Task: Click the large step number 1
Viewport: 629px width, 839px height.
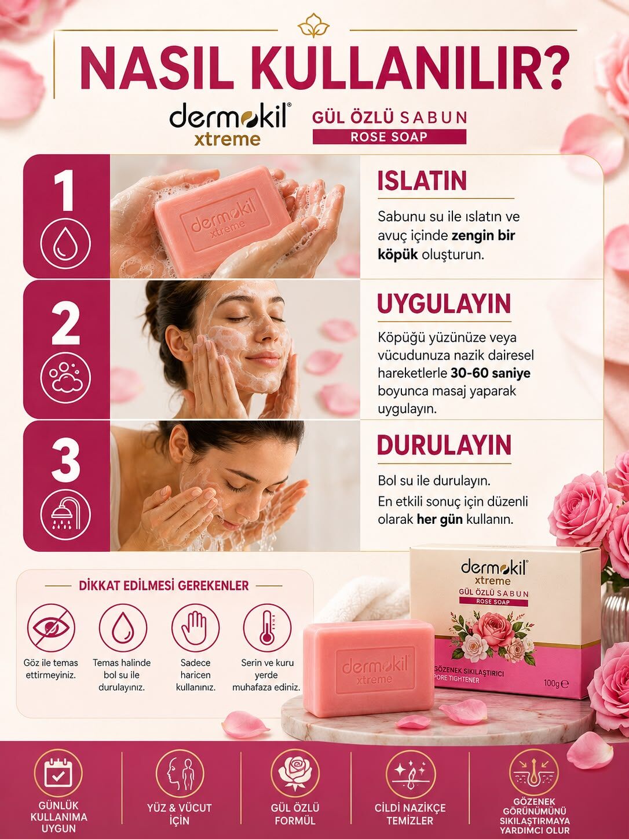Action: [65, 191]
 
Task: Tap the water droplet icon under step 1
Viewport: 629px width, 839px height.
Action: [65, 243]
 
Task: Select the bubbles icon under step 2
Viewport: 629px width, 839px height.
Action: [65, 378]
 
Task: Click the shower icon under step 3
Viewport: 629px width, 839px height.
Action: [65, 514]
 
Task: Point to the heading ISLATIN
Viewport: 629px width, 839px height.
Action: [422, 181]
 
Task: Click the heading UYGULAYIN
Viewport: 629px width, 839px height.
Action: [444, 304]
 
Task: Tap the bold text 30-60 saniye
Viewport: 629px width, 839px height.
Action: [491, 373]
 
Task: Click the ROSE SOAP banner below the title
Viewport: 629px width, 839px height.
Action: [389, 137]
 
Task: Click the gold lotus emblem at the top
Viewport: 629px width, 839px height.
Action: [313, 25]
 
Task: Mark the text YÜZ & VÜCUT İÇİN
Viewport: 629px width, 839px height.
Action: [179, 814]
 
